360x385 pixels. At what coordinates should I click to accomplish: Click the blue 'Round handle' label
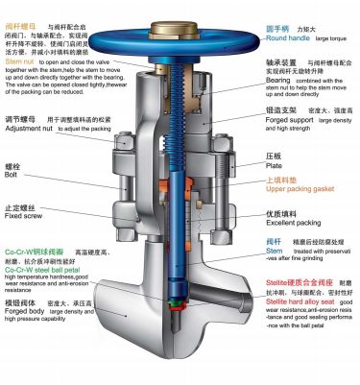(x=291, y=37)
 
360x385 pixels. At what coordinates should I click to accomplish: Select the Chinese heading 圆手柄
(x=280, y=28)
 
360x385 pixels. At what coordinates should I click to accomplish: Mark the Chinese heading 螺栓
(x=13, y=166)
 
